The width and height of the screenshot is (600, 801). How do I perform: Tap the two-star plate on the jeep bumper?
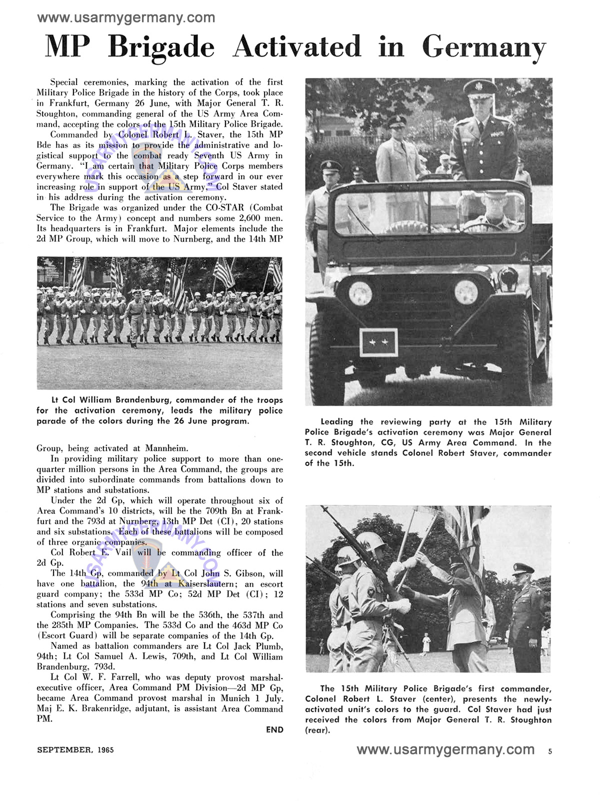378,342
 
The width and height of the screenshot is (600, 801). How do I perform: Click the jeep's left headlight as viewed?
360,293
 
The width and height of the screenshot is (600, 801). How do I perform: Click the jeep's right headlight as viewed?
466,291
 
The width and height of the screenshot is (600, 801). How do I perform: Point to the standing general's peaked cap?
480,89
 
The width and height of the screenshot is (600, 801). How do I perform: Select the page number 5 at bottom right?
550,751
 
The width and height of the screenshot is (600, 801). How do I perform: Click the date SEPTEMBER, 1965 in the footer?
75,749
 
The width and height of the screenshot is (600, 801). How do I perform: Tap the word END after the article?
274,729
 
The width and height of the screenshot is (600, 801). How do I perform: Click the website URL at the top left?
126,18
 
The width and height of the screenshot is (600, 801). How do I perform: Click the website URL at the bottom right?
445,749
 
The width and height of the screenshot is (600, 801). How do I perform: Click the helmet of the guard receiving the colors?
370,541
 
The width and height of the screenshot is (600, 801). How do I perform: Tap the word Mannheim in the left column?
166,448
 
